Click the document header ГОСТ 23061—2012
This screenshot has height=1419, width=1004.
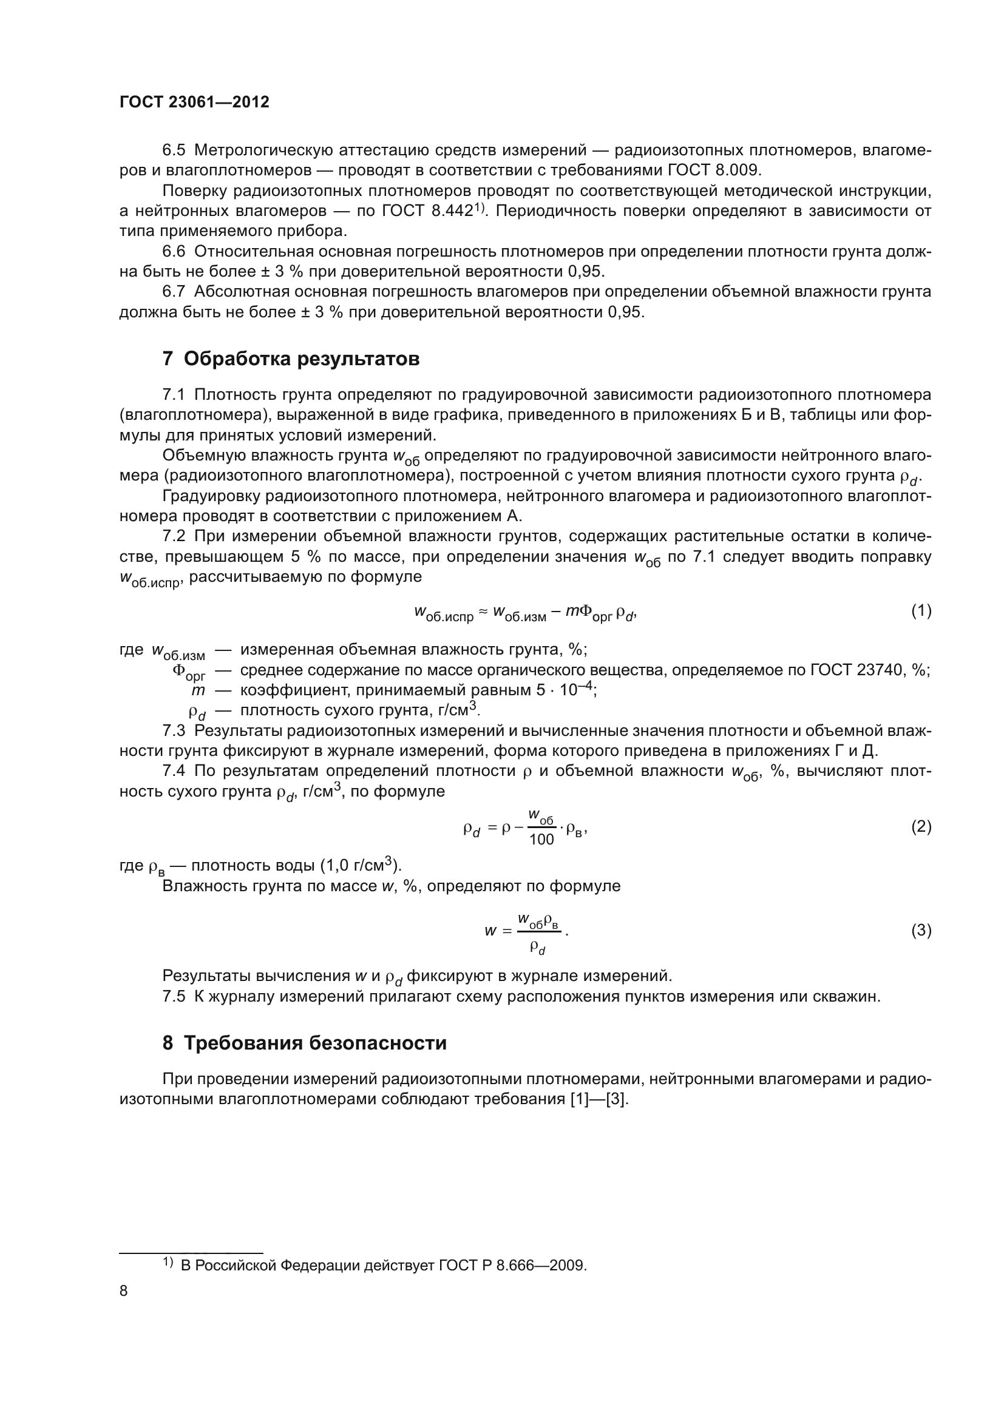coord(194,103)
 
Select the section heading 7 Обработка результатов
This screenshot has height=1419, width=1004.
coord(291,359)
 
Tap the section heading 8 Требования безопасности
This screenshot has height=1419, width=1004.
coord(304,1043)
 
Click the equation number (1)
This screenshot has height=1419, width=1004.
coord(921,612)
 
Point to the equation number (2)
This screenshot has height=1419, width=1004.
coord(921,827)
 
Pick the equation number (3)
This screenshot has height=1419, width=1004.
coord(921,930)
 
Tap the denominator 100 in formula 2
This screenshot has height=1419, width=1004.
coord(541,840)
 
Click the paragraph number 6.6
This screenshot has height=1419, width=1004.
coord(174,252)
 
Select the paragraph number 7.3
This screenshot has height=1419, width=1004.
coord(174,731)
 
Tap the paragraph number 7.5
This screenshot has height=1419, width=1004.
coord(174,996)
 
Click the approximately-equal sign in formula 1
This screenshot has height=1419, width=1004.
coord(483,612)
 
